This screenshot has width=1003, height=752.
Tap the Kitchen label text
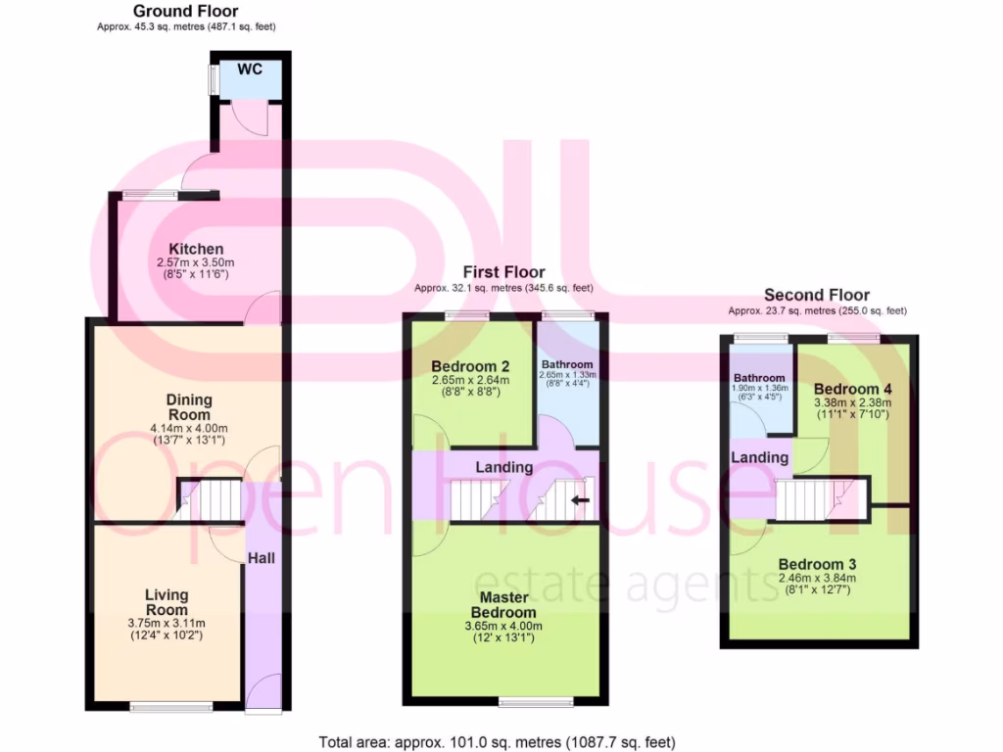pyautogui.click(x=196, y=249)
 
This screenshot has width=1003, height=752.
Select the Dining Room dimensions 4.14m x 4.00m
pyautogui.click(x=189, y=428)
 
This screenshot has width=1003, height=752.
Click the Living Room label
pyautogui.click(x=167, y=602)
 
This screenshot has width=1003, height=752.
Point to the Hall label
pyautogui.click(x=261, y=557)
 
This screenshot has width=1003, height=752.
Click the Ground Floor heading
pyautogui.click(x=185, y=11)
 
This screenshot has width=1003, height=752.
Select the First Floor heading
pyautogui.click(x=503, y=272)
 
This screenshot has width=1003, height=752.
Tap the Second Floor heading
pyautogui.click(x=817, y=295)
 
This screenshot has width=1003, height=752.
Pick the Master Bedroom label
pyautogui.click(x=504, y=605)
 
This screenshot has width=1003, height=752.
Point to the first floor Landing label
pyautogui.click(x=504, y=468)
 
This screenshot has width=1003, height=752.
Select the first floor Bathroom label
pyautogui.click(x=567, y=364)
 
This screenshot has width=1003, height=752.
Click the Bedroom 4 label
pyautogui.click(x=852, y=388)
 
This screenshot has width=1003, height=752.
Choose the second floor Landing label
pyautogui.click(x=760, y=457)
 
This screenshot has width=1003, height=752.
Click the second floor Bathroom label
pyautogui.click(x=759, y=378)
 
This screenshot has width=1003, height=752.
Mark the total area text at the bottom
pyautogui.click(x=498, y=741)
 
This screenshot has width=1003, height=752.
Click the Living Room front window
pyautogui.click(x=159, y=706)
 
